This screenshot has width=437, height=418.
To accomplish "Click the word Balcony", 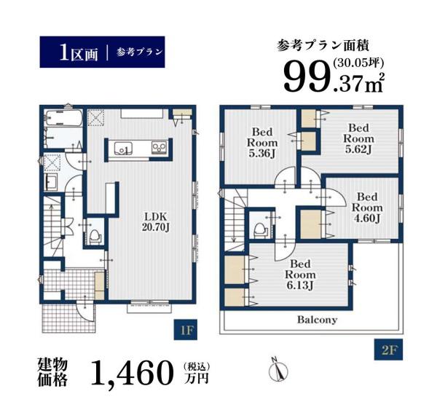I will coord(316,320).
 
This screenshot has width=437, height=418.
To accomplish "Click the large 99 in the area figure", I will coord(306,76).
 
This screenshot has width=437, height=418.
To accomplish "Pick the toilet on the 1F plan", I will coord(92,234).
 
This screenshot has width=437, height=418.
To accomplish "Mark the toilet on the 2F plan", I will coord(259,227).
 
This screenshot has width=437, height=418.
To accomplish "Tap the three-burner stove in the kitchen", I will coord(160,149).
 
